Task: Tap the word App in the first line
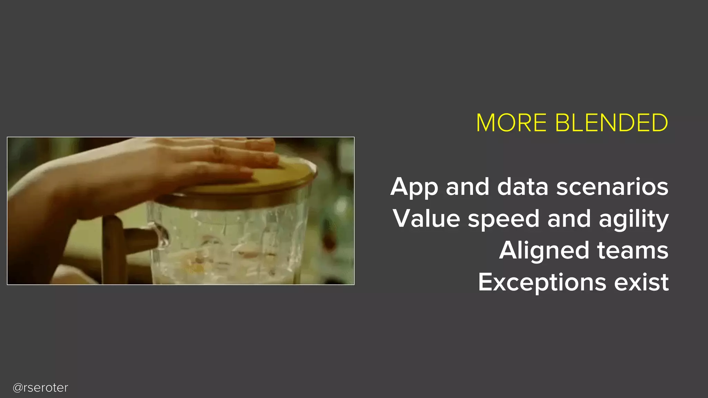pos(414,188)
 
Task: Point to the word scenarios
pos(612,187)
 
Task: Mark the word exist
pos(641,282)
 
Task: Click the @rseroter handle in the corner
pos(40,388)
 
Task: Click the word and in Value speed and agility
pos(569,219)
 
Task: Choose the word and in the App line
pos(467,187)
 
